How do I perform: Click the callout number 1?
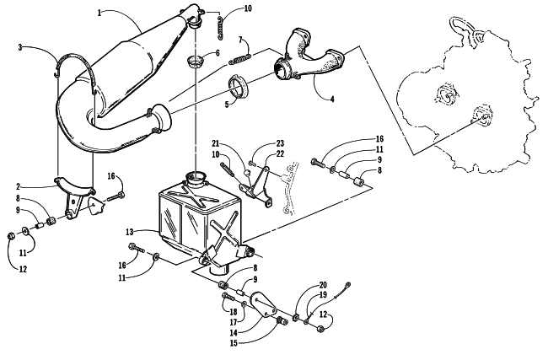[99, 13]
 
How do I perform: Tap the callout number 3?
[20, 47]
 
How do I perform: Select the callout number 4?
[332, 99]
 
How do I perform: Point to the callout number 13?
[130, 231]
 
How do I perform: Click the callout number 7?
[240, 40]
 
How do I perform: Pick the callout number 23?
[280, 143]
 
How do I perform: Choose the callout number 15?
[234, 343]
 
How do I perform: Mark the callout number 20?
[323, 285]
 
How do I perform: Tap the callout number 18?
[234, 311]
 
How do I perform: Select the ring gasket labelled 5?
[238, 86]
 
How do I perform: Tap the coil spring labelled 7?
[240, 58]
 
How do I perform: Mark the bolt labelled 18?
[228, 298]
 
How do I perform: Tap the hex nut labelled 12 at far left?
[11, 236]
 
